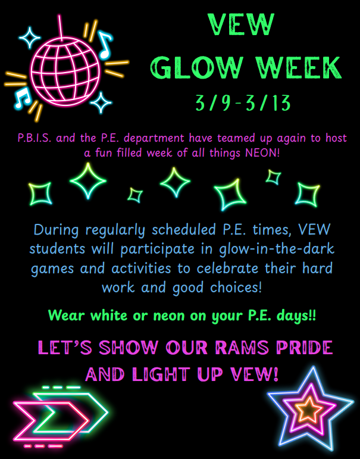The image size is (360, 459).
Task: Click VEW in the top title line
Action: pyautogui.click(x=242, y=25)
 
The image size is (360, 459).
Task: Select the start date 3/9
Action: pyautogui.click(x=215, y=104)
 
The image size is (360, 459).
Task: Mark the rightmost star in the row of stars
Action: pyautogui.click(x=308, y=193)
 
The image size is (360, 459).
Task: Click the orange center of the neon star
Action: pyautogui.click(x=310, y=410)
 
